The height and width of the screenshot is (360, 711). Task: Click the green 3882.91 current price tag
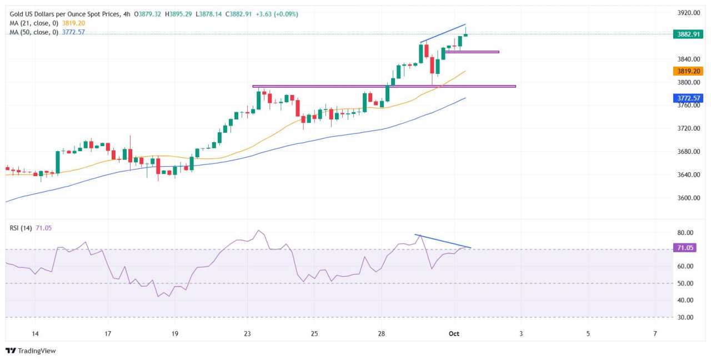coord(688,34)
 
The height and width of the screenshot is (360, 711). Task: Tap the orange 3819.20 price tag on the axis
coord(688,71)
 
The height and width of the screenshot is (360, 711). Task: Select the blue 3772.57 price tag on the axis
coord(688,98)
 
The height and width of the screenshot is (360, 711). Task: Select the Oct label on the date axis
coord(454,333)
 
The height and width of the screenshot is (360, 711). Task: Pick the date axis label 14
coord(35,333)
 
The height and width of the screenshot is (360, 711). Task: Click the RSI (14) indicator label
coord(21,228)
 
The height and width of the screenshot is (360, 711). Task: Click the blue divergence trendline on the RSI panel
coord(443,241)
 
